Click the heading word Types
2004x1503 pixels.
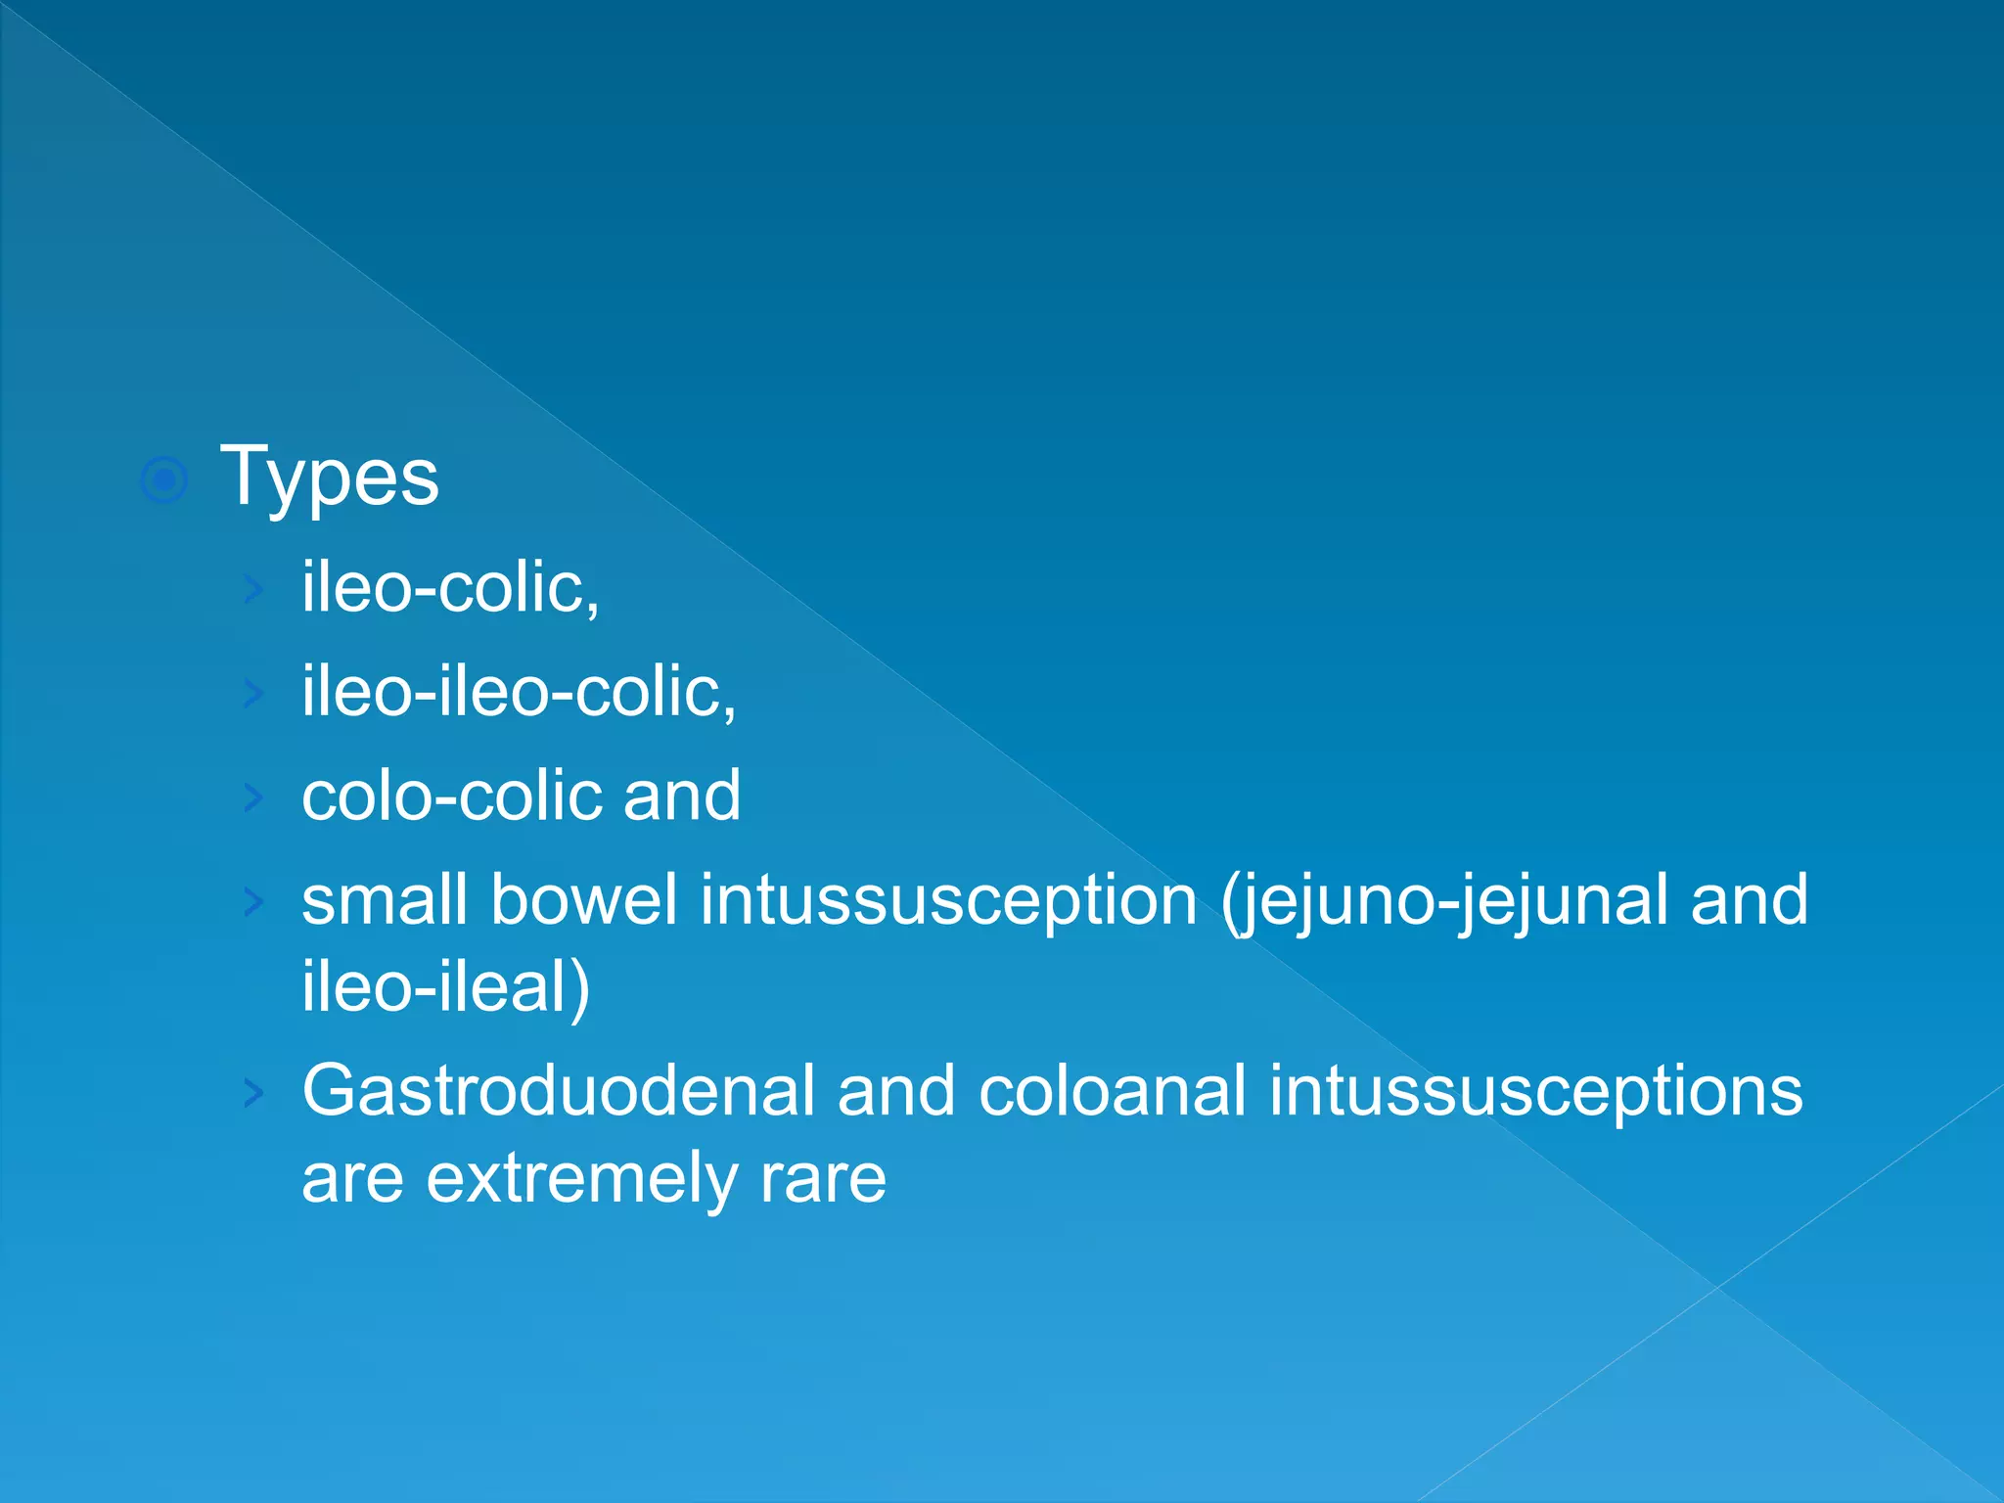pos(330,478)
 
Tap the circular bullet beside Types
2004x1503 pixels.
pos(164,479)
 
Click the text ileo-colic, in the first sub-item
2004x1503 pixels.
pos(450,588)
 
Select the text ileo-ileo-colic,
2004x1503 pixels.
pos(519,692)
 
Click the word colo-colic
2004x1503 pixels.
pos(452,796)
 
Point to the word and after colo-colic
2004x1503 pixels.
pos(682,796)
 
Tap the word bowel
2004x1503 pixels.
pos(583,900)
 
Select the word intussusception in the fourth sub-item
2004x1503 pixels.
pos(948,900)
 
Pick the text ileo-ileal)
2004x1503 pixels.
pos(445,986)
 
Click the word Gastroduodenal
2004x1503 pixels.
pos(558,1091)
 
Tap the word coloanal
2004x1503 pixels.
pos(1113,1091)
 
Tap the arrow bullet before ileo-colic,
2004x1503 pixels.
pos(253,589)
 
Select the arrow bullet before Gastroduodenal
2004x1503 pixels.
pos(253,1092)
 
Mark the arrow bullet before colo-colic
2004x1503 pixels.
pos(253,797)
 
